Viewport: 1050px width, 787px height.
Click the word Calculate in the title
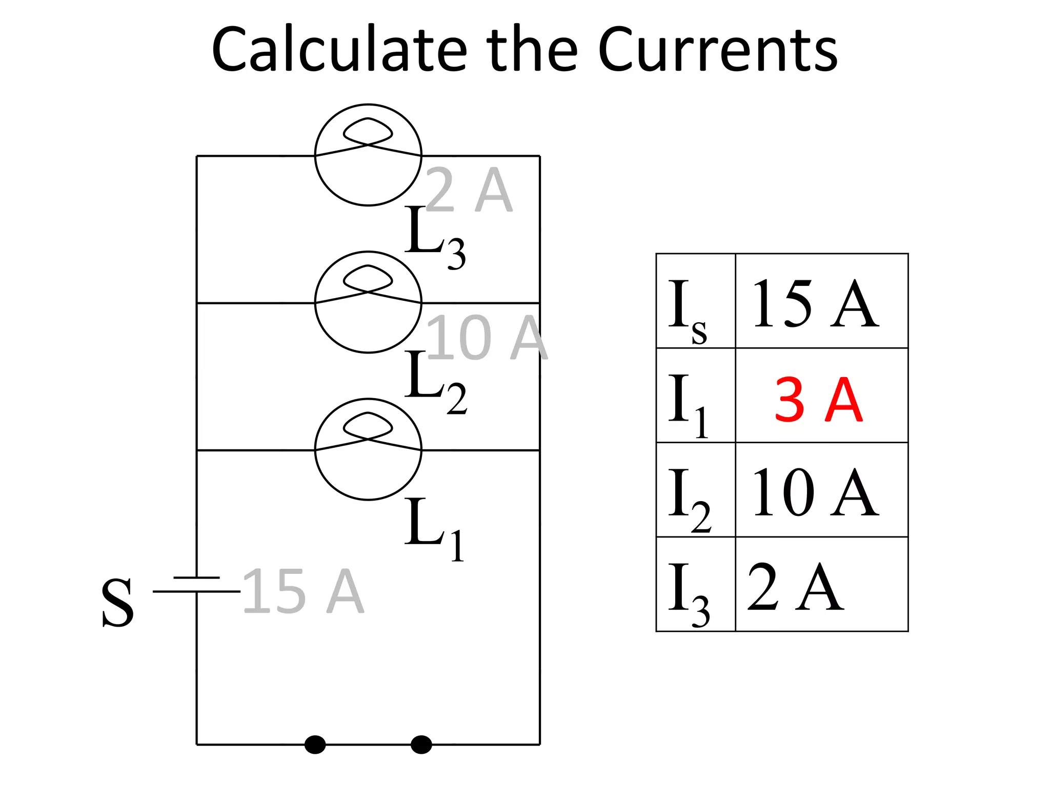(x=339, y=50)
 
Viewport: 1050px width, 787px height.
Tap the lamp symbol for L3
(x=368, y=155)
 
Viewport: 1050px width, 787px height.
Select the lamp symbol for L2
(x=368, y=302)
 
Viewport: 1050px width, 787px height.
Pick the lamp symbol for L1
(x=368, y=449)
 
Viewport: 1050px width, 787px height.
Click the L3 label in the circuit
(x=435, y=237)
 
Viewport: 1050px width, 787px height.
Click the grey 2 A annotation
(x=469, y=190)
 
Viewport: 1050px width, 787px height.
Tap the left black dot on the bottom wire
(x=315, y=744)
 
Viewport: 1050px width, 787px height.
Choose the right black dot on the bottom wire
(x=421, y=744)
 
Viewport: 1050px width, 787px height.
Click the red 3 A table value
(x=818, y=399)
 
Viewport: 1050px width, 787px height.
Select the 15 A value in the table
(x=815, y=304)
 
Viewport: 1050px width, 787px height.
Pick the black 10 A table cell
(x=815, y=492)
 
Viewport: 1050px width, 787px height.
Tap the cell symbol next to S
(x=197, y=585)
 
